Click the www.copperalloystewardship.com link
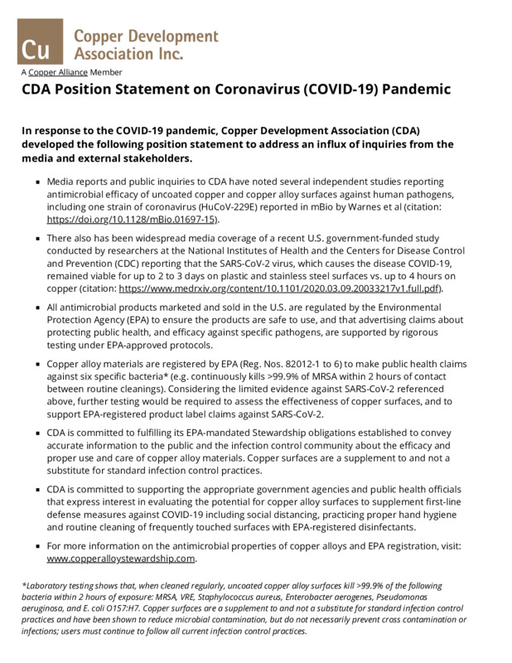pos(120,559)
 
